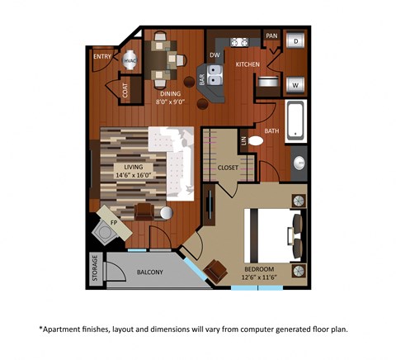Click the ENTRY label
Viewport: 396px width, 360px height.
pos(102,57)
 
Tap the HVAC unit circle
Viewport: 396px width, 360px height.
pos(130,60)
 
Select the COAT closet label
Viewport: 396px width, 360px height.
pos(125,91)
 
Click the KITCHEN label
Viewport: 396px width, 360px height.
pos(247,64)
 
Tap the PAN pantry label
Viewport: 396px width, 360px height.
pos(271,36)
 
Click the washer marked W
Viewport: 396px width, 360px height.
pos(295,83)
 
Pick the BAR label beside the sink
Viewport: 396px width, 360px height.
pos(201,80)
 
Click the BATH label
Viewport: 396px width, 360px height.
pos(271,130)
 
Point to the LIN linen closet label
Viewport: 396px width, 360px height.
pos(243,142)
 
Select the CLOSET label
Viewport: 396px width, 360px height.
pos(228,168)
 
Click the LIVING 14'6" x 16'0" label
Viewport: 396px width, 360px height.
pos(133,170)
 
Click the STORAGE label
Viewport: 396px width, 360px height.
pos(95,271)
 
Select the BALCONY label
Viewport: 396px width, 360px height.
pos(149,272)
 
